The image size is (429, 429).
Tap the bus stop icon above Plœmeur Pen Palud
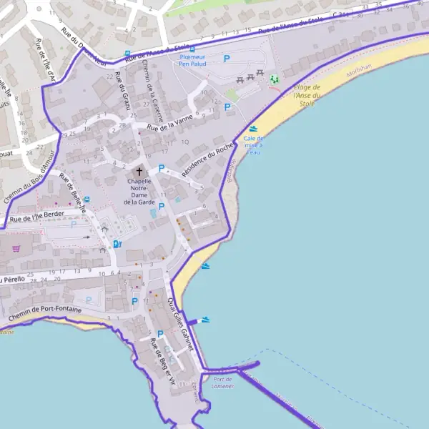click(192, 50)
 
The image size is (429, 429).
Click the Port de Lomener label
click(222, 383)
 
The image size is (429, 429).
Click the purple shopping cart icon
click(16, 248)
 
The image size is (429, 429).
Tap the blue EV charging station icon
click(117, 244)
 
